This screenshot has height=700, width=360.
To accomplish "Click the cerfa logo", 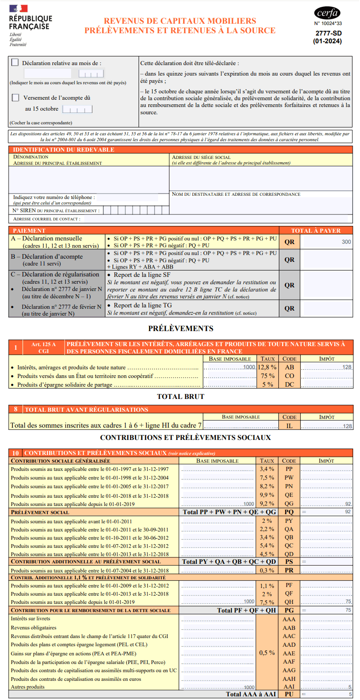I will click(327, 13).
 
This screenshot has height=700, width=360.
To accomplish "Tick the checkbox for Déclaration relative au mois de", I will click(15, 63).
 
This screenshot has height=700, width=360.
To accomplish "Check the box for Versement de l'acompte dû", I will click(15, 97).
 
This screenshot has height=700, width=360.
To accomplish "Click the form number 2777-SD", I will click(328, 33).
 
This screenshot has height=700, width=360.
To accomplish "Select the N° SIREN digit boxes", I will click(137, 210).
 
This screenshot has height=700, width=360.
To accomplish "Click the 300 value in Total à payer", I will click(346, 242).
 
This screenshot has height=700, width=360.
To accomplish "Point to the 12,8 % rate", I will click(267, 367).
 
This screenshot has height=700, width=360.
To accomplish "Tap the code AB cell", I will click(289, 367).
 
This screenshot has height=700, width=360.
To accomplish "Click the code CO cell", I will click(289, 376).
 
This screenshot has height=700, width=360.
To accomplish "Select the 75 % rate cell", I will click(267, 376).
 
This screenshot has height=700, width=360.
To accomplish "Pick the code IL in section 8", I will click(289, 426).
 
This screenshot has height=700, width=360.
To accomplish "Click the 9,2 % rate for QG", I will click(267, 504).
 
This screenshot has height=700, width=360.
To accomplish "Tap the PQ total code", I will click(289, 512).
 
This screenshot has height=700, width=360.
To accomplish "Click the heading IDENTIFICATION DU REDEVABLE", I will click(64, 149).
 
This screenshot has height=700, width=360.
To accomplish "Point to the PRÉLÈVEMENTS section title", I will click(180, 328).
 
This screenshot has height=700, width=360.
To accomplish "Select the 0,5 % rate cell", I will click(267, 653).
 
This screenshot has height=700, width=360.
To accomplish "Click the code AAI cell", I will click(289, 686).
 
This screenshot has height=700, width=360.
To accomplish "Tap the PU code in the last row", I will click(289, 695).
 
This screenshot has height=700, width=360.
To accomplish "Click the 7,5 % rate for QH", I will click(267, 602).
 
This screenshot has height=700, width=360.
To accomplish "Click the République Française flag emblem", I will click(18, 9).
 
